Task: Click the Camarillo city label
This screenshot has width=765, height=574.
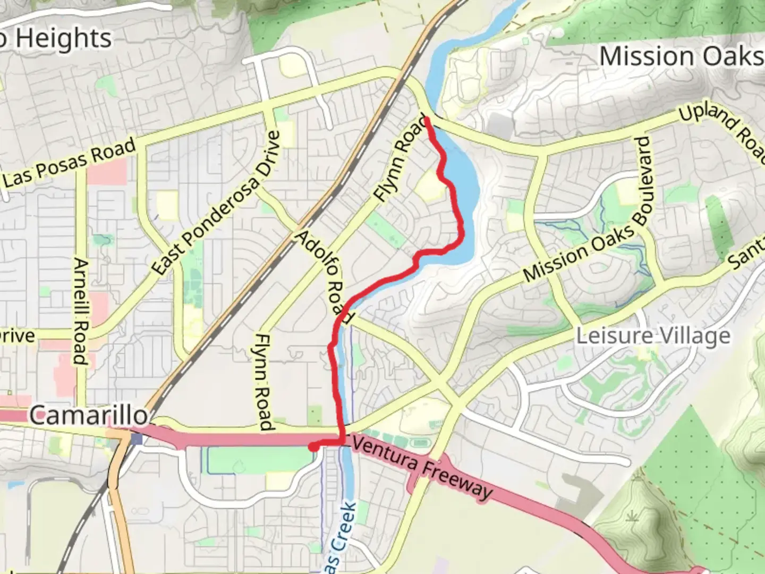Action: pyautogui.click(x=89, y=415)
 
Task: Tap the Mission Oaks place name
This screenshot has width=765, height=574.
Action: pyautogui.click(x=681, y=56)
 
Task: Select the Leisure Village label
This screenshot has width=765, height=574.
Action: pyautogui.click(x=653, y=336)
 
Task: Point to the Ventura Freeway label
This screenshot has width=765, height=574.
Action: pyautogui.click(x=422, y=468)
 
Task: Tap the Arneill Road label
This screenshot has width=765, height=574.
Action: pyautogui.click(x=80, y=311)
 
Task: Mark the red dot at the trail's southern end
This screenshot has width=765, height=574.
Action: pyautogui.click(x=313, y=447)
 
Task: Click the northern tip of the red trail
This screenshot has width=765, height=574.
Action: pyautogui.click(x=426, y=118)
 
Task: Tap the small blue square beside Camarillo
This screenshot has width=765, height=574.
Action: pyautogui.click(x=137, y=439)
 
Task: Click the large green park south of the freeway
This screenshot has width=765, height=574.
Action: pyautogui.click(x=255, y=460)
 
